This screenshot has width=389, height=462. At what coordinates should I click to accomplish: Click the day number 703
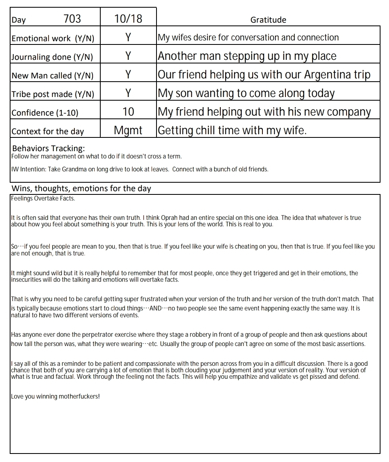point(72,19)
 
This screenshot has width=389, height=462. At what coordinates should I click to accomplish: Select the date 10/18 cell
point(128,19)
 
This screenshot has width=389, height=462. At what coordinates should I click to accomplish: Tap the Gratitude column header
point(268,20)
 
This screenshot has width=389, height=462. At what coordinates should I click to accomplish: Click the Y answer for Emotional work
point(128,37)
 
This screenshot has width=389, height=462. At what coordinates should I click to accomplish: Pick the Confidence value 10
point(128,112)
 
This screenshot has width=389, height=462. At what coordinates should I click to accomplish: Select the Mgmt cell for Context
point(128,131)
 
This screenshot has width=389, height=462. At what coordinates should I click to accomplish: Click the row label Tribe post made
point(53,94)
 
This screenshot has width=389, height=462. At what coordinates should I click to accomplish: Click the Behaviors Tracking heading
point(49,148)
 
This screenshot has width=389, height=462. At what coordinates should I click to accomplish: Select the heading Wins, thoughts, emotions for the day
point(81,188)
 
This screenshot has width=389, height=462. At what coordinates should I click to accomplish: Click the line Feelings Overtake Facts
point(43,198)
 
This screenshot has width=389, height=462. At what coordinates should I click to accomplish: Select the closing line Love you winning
point(55,397)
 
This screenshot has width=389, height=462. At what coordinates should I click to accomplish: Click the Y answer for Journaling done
point(128,56)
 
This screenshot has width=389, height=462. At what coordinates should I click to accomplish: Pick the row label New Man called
point(53,76)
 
